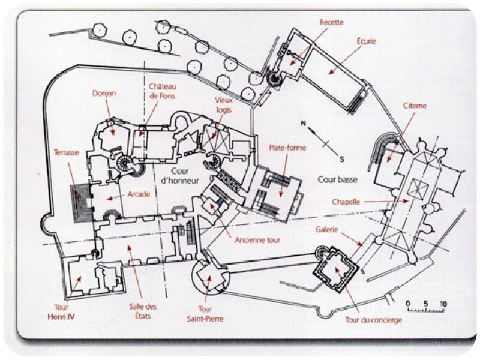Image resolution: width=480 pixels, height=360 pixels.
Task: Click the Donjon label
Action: [x=104, y=94]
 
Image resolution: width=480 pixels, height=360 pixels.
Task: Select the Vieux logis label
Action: [x=223, y=106]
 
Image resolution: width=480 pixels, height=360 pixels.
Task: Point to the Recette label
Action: [x=331, y=22]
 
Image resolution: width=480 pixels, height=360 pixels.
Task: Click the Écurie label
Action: [x=366, y=41]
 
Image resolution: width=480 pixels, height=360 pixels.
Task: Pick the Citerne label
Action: [x=415, y=106]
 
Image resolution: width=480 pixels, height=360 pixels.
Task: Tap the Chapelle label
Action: [x=346, y=202]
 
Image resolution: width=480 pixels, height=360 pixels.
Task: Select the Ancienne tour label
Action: [x=258, y=240]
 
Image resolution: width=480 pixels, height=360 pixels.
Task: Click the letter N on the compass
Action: [x=304, y=124]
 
